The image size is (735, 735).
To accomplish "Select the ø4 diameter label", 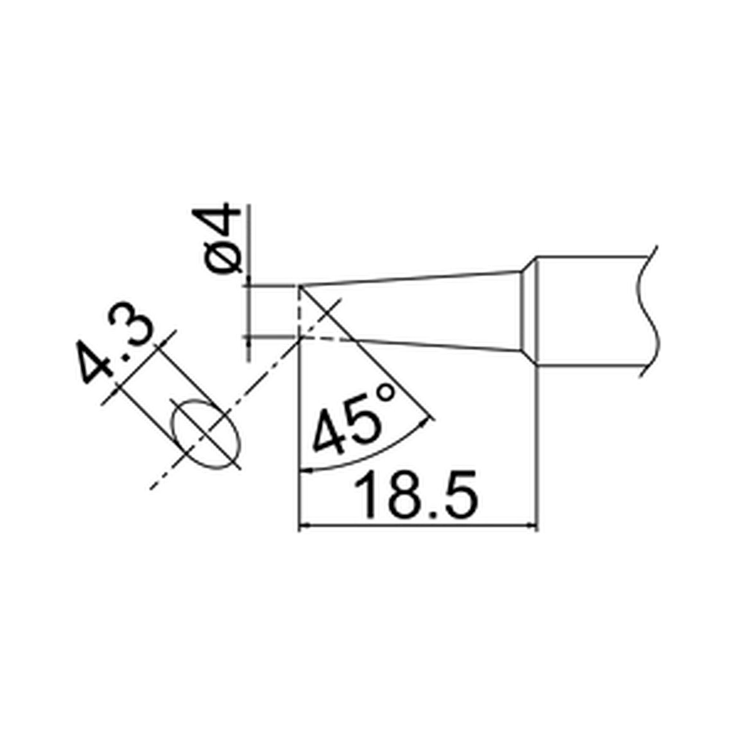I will [217, 238].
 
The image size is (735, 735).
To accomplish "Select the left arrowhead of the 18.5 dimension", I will [304, 526].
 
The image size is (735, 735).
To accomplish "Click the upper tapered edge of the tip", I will [411, 278].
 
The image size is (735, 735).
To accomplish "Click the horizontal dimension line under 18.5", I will [419, 526].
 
